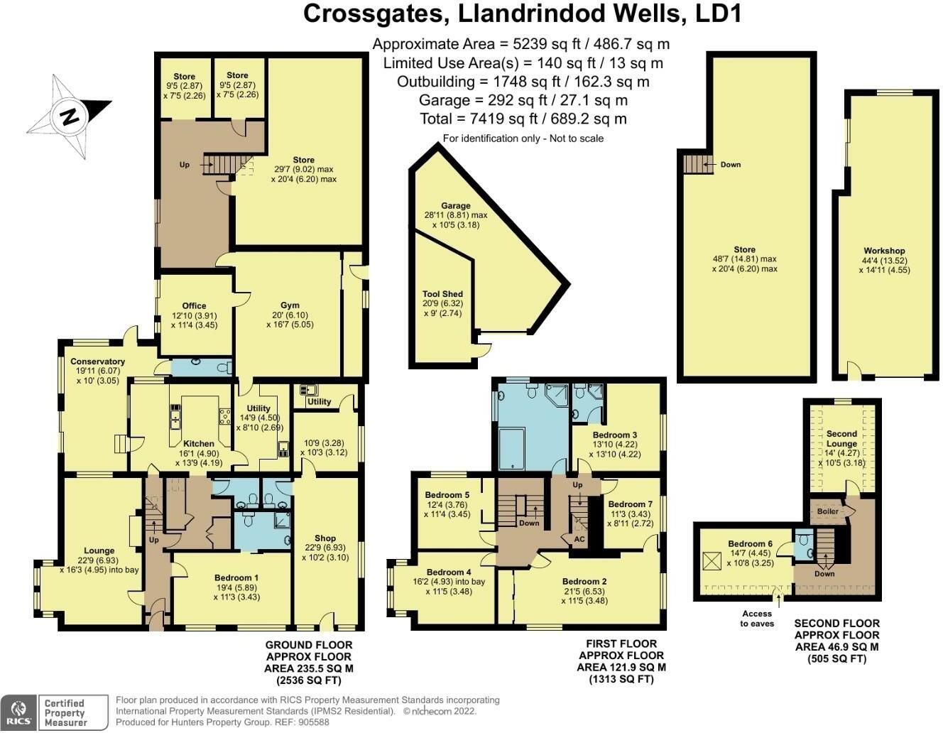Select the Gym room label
(290, 305)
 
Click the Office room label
(194, 305)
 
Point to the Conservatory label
(98, 361)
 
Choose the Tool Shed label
(442, 294)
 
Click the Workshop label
(884, 251)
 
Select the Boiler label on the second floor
(827, 511)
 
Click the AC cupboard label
(579, 539)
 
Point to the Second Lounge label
(841, 438)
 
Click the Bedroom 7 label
(630, 504)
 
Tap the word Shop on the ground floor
(325, 538)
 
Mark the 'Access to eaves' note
(757, 619)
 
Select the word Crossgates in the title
(374, 14)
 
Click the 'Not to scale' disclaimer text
(577, 139)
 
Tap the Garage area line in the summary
(523, 100)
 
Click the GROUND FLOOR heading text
(309, 645)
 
